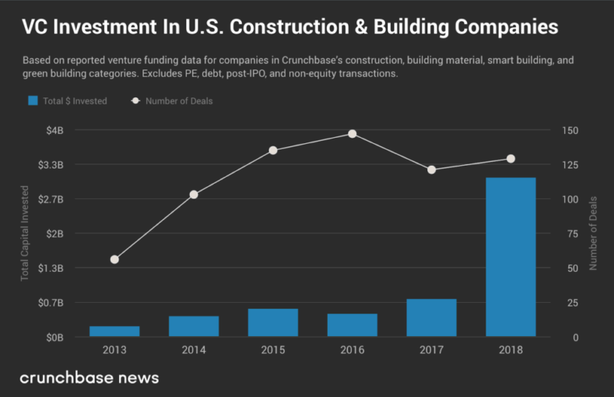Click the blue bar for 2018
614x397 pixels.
(510, 257)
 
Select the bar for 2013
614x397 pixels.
(114, 331)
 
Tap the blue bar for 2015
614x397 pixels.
(273, 322)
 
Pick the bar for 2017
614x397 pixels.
(431, 318)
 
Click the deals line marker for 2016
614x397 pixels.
(353, 134)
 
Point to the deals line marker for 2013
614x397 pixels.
(114, 259)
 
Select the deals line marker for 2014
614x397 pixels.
(194, 195)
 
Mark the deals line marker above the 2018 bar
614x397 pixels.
(510, 159)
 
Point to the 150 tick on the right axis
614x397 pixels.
(570, 130)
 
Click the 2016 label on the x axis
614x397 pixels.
(353, 350)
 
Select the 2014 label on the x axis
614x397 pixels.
(194, 350)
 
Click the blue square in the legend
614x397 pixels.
(33, 100)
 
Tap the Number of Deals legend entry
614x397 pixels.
(178, 100)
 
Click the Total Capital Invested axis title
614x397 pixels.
(24, 234)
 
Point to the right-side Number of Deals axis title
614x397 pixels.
(593, 234)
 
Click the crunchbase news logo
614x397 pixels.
(89, 378)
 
